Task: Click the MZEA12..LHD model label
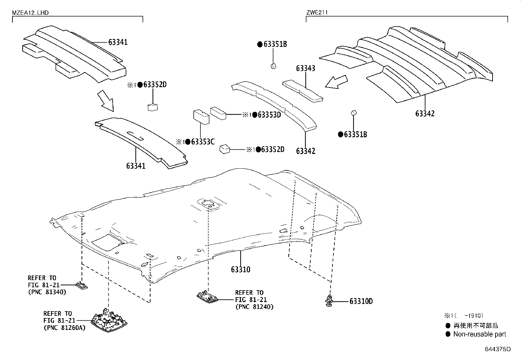30,13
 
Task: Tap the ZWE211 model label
317,13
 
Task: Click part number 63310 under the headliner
241,270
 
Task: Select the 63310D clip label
361,301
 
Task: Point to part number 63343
306,68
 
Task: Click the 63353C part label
203,142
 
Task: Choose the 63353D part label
269,115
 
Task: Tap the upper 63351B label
275,44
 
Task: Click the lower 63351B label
355,134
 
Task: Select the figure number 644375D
498,349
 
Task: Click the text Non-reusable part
479,334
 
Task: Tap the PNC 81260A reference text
64,328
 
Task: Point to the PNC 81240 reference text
254,307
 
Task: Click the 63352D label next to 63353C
270,149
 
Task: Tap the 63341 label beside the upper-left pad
118,42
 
